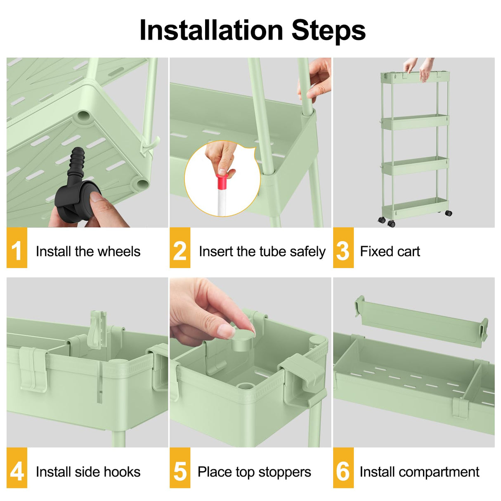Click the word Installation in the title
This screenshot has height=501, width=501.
211,31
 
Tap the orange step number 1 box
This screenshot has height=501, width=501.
17,248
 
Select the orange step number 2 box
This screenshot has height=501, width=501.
180,248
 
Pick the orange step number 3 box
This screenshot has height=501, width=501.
343,248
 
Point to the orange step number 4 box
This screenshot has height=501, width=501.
17,468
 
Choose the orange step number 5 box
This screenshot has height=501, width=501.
180,468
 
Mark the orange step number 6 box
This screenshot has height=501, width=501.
343,468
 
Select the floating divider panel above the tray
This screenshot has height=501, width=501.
421,321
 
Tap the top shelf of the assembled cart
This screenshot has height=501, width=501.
415,78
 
